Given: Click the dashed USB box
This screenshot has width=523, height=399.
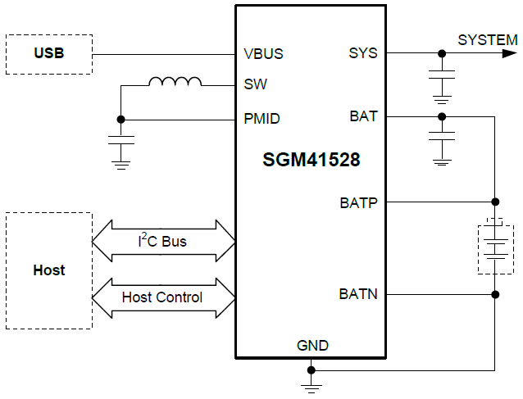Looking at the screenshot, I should coord(48,54).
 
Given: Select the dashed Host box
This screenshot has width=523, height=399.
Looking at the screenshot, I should coord(48,270).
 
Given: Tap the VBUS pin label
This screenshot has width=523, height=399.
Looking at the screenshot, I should coord(263,54).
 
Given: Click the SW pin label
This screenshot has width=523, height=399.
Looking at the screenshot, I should coord(255,84).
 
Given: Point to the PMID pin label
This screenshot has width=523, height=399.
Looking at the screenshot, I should coord(261,119).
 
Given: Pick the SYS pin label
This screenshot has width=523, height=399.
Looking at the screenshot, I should coord(363,53).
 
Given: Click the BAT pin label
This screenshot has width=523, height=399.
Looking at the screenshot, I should coord(363,116).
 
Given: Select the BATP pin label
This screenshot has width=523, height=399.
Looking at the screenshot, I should coord(358,202).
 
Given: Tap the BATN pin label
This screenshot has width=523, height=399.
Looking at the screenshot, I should coord(358,292).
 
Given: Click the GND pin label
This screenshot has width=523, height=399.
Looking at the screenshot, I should coord(312,346).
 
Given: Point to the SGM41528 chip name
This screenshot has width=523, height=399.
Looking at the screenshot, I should coord(311,161).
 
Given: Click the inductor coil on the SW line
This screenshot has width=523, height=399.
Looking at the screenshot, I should coord(175,82).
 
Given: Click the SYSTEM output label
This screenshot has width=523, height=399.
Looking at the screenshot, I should coord(487,39).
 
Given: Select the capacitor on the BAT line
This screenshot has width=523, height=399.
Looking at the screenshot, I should coord(442,138).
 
